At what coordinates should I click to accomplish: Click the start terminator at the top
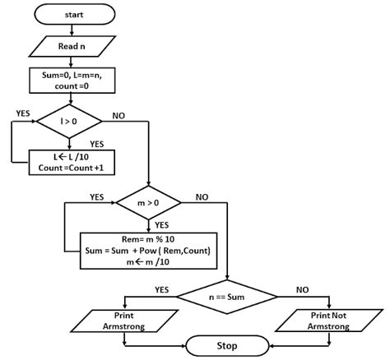click(x=74, y=14)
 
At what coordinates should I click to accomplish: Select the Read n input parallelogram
click(x=72, y=46)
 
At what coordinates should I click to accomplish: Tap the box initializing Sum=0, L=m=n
click(x=72, y=81)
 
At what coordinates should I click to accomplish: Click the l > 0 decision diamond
click(x=69, y=122)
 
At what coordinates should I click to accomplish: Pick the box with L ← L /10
click(x=72, y=162)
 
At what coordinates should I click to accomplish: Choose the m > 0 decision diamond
click(x=148, y=203)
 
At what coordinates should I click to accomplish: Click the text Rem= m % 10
click(x=148, y=239)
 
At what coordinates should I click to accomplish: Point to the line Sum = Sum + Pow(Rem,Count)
click(x=148, y=251)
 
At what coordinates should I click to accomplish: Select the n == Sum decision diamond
click(x=227, y=297)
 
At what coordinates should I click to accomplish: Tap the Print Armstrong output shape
click(x=124, y=321)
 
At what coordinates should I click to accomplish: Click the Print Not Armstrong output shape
click(x=328, y=321)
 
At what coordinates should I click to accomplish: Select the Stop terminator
click(x=227, y=346)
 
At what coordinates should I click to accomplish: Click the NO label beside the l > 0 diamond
click(x=118, y=116)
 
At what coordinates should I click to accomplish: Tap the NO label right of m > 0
click(x=202, y=197)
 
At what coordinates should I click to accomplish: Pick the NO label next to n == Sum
click(x=302, y=289)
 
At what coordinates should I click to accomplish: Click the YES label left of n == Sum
click(x=162, y=289)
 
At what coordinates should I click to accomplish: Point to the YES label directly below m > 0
click(x=162, y=225)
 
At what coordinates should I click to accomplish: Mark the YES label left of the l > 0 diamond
click(x=23, y=113)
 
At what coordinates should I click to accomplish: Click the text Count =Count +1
click(x=71, y=168)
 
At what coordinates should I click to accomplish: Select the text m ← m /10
click(x=148, y=262)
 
